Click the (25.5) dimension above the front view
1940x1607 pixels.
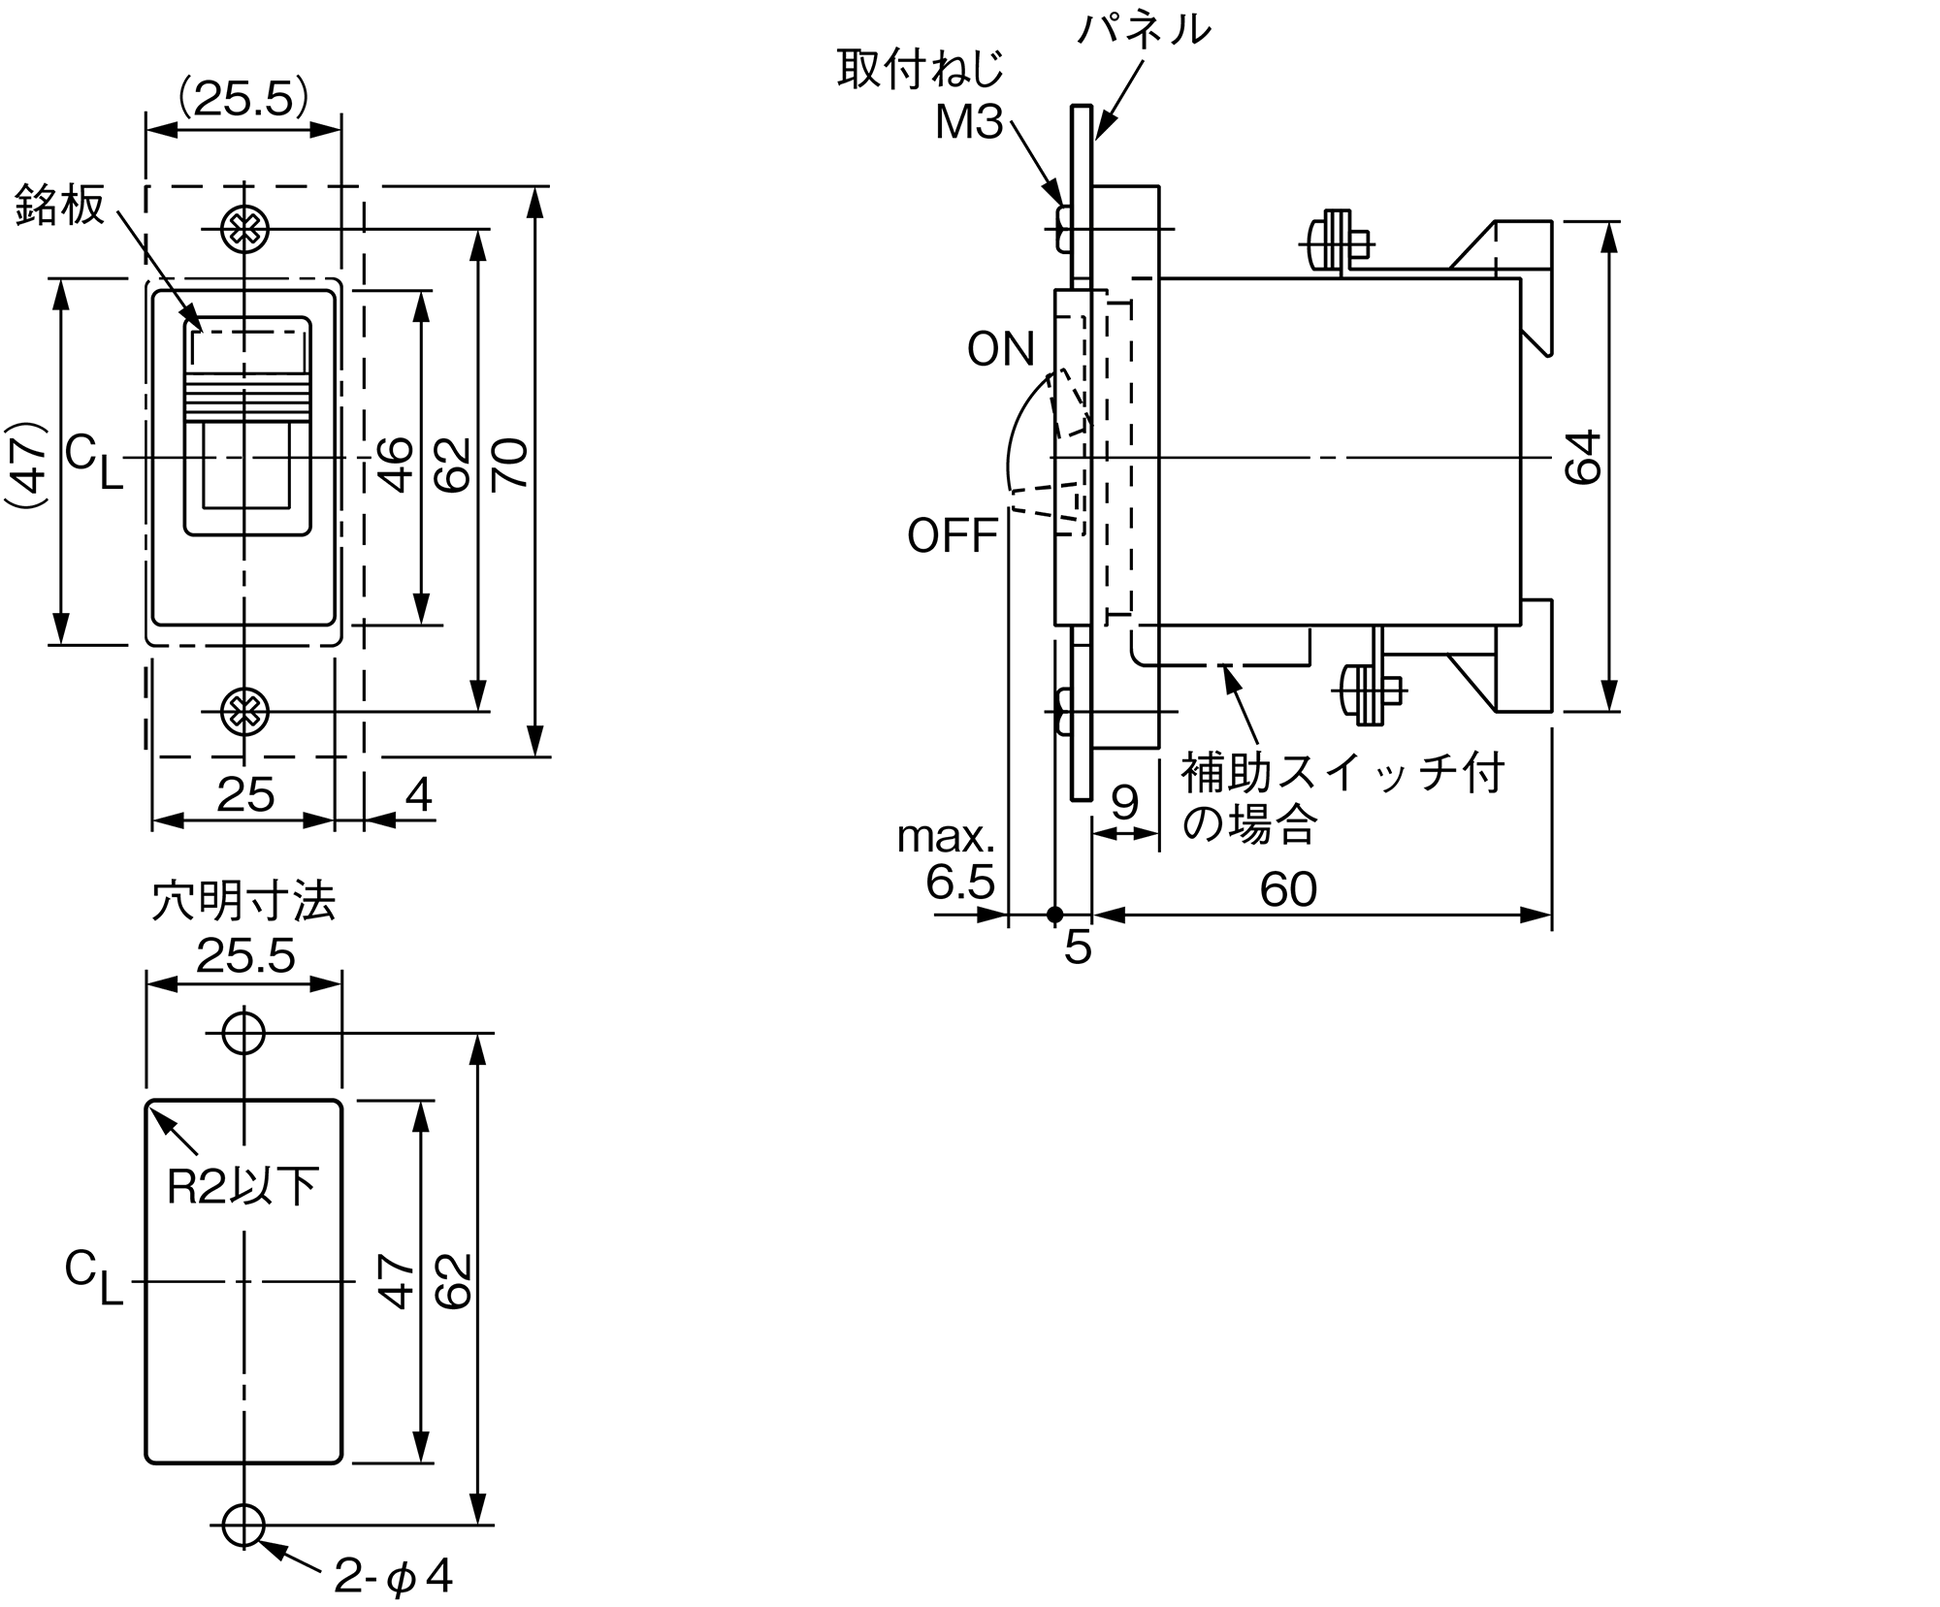[x=243, y=98]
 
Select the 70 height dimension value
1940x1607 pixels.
[x=510, y=464]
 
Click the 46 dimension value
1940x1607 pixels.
[x=396, y=465]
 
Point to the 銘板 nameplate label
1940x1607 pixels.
[x=60, y=206]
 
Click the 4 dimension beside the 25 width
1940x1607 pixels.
[x=418, y=795]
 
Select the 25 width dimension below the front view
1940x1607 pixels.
[x=245, y=795]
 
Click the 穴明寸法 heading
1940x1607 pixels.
[x=243, y=902]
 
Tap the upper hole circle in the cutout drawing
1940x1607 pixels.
[x=243, y=1033]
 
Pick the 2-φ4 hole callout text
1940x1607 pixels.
[x=393, y=1577]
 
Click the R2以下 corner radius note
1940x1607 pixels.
[x=242, y=1186]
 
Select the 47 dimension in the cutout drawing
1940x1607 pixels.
[x=397, y=1281]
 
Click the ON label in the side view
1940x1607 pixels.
[x=1001, y=349]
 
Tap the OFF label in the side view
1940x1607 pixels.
[x=953, y=535]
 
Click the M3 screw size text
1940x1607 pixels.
[x=968, y=123]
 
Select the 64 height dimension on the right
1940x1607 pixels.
[x=1584, y=457]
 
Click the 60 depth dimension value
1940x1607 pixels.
[x=1288, y=889]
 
